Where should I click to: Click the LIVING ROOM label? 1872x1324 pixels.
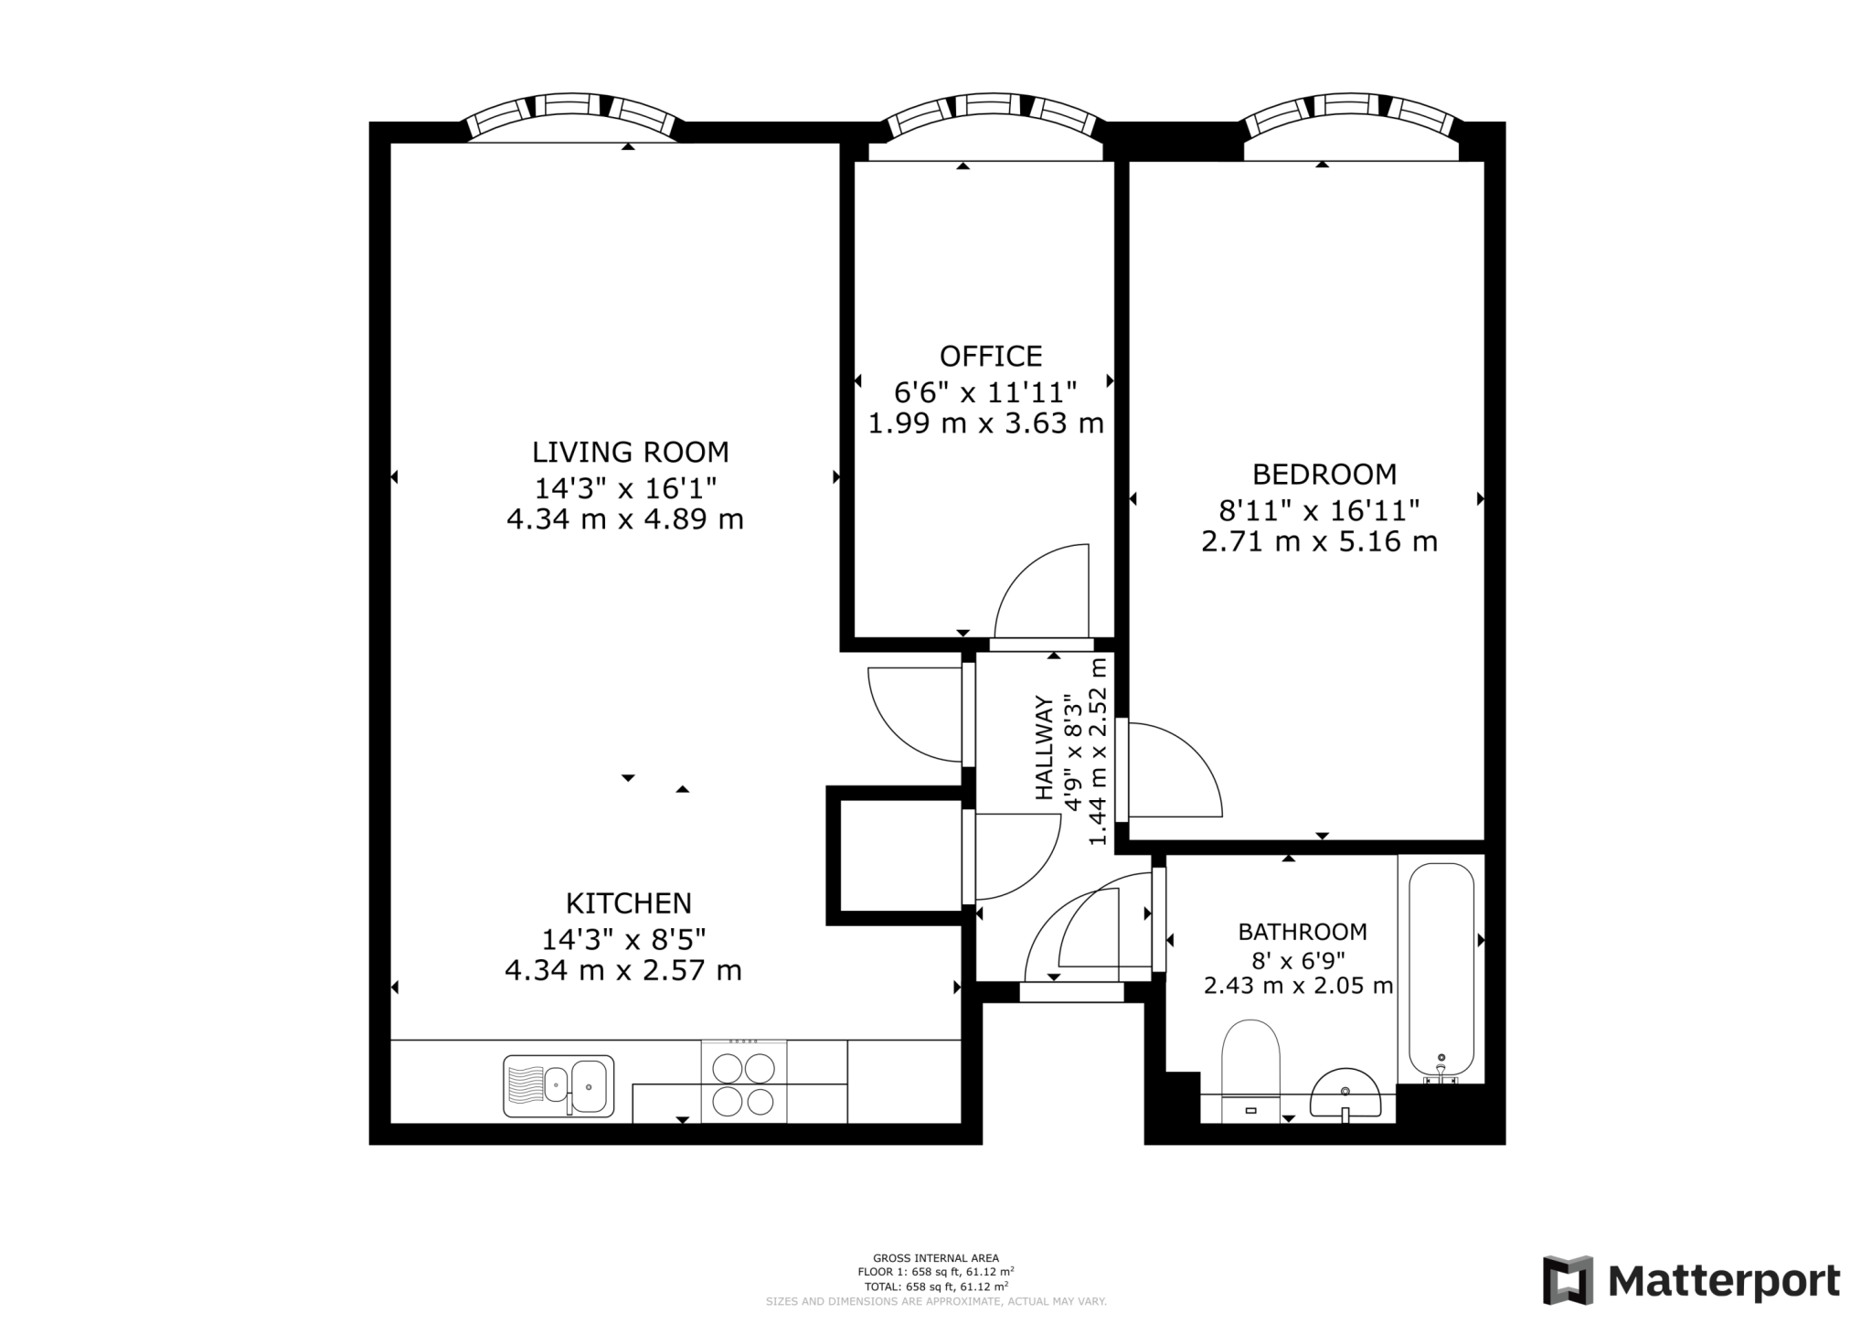pos(630,452)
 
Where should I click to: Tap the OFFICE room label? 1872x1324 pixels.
pos(990,356)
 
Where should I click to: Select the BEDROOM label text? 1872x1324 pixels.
pos(1324,474)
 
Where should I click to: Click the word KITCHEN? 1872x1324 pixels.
pos(628,903)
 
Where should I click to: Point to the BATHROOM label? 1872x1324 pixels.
pos(1302,932)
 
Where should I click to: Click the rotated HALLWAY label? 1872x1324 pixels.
pos(1044,748)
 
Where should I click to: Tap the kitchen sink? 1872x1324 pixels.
pos(558,1086)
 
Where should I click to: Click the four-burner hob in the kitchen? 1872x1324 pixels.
pos(743,1084)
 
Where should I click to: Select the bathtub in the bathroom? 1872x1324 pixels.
pos(1441,969)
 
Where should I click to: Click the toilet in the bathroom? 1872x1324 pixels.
pos(1250,1065)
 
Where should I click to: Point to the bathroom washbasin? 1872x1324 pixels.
pos(1345,1095)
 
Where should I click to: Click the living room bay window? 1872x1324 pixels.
pos(573,115)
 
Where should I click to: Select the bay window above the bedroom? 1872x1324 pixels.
pos(1351,116)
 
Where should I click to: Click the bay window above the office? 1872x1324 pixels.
pos(992,116)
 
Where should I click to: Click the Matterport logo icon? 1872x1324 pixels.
pos(1568,1280)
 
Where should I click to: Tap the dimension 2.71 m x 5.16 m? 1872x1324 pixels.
pos(1319,541)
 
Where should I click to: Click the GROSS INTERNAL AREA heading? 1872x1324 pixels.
pos(935,1258)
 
